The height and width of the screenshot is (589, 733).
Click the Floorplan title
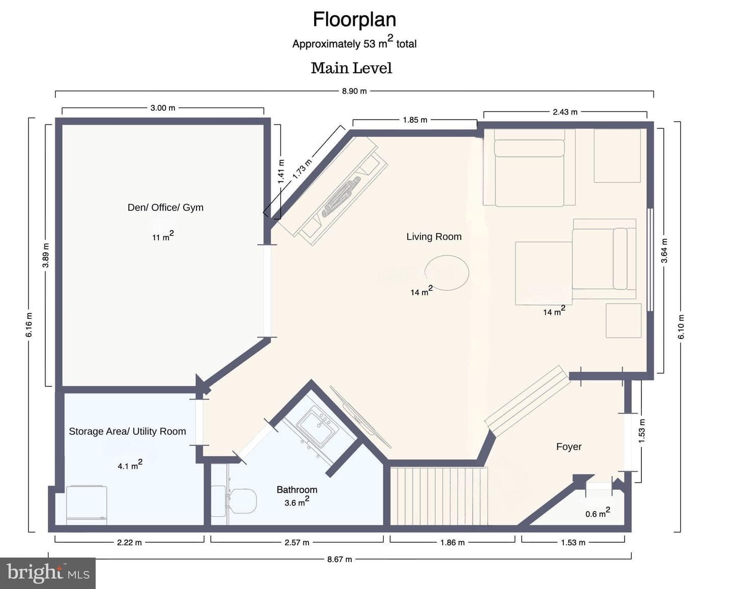point(355,19)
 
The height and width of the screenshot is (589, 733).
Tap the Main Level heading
point(352,68)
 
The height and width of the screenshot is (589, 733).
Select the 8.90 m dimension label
point(354,91)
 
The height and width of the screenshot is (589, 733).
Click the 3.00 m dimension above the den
point(163,108)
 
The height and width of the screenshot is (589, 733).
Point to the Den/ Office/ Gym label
point(165,208)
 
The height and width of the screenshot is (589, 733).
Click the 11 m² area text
point(163,236)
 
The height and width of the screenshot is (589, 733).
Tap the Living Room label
point(434,236)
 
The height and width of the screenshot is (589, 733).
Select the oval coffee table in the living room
point(447,272)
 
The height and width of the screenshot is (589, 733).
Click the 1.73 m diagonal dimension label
point(302,170)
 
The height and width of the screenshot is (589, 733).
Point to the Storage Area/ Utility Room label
point(127,431)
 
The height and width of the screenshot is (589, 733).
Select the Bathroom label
point(297,490)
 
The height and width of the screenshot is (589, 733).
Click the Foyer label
point(569,446)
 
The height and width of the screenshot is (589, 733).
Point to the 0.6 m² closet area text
point(598,512)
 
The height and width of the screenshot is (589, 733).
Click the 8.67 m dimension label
point(340,559)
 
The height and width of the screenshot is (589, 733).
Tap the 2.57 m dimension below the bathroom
point(297,542)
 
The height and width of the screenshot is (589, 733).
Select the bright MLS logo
point(48,573)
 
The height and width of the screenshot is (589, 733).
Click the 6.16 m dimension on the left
point(30,325)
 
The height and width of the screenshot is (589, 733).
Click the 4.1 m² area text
point(130,465)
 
